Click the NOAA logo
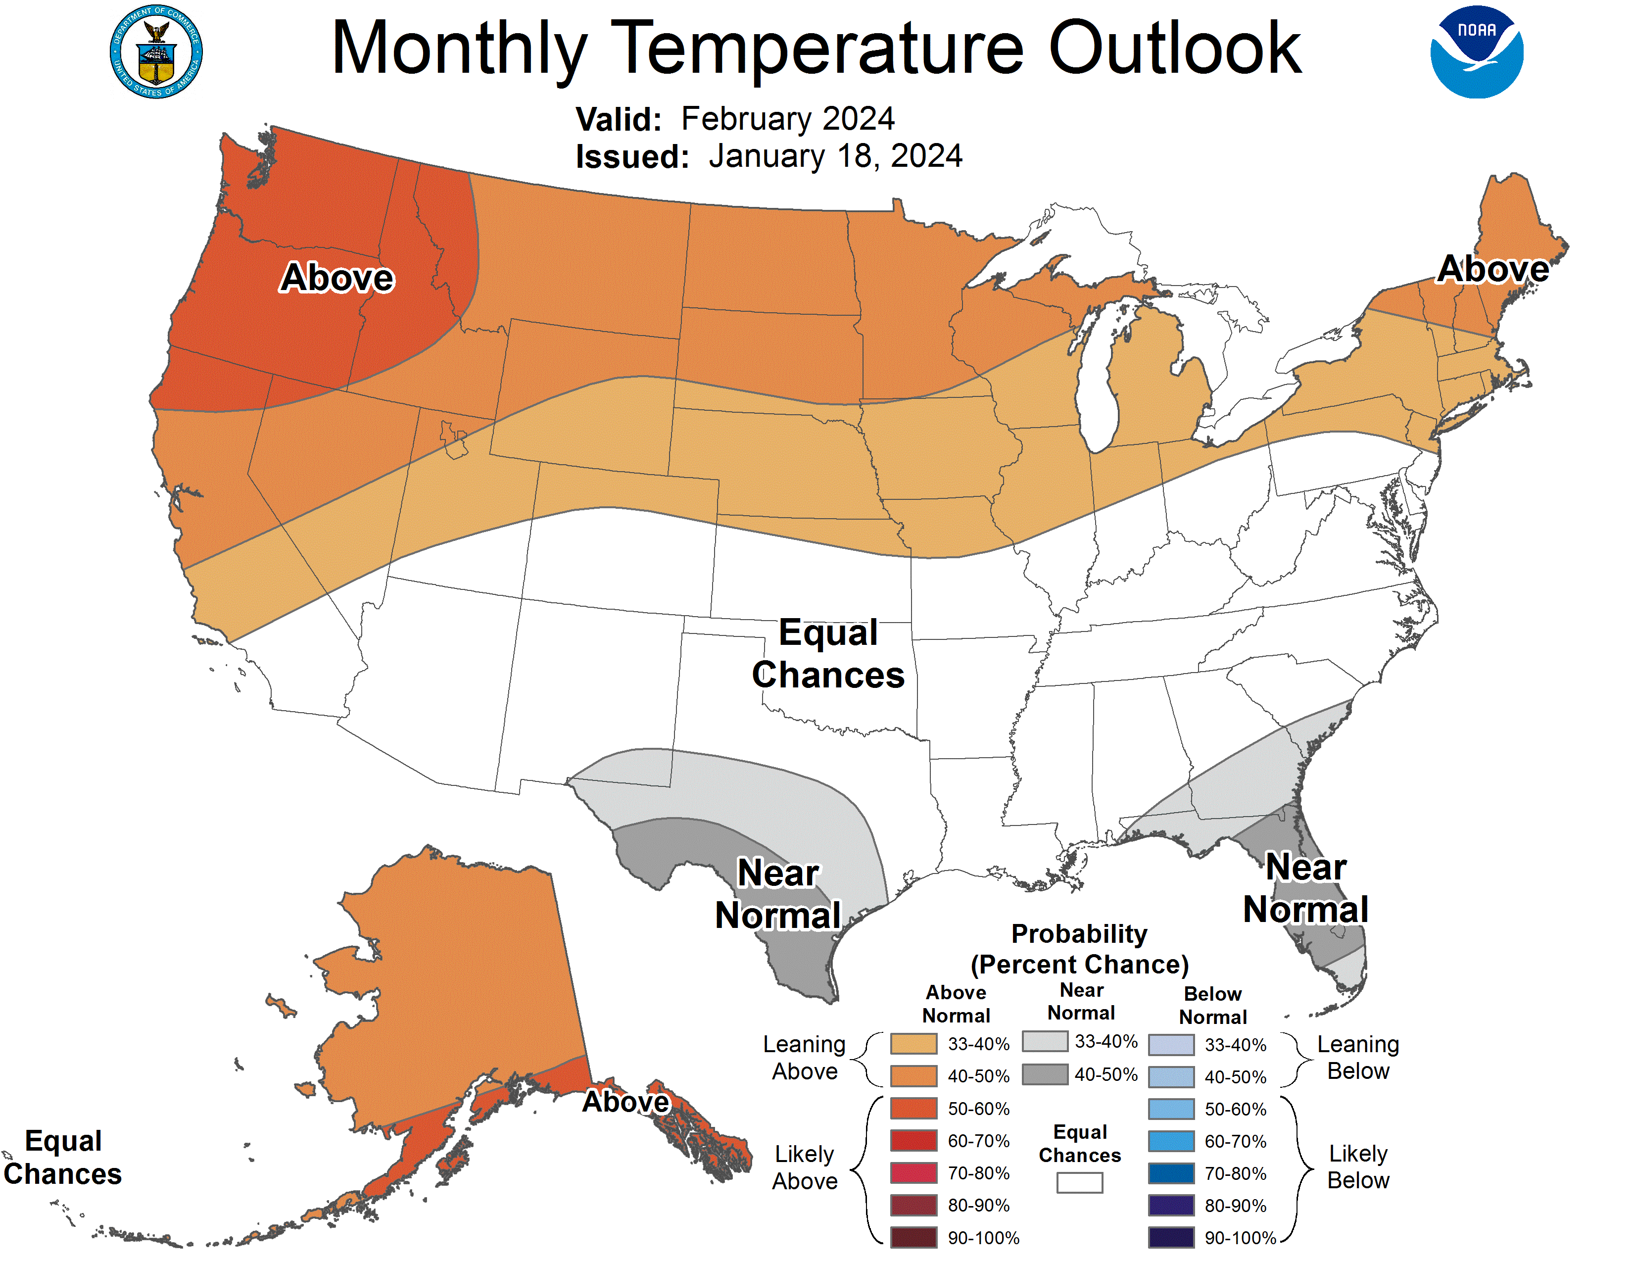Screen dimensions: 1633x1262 click(1476, 51)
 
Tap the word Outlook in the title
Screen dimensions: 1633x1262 click(1175, 48)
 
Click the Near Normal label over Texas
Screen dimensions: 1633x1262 click(778, 894)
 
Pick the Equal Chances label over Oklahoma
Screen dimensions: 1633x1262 click(828, 653)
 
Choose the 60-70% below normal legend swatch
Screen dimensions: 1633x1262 click(1171, 1141)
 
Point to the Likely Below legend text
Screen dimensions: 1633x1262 click(1358, 1167)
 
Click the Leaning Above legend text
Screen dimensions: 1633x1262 click(805, 1058)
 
